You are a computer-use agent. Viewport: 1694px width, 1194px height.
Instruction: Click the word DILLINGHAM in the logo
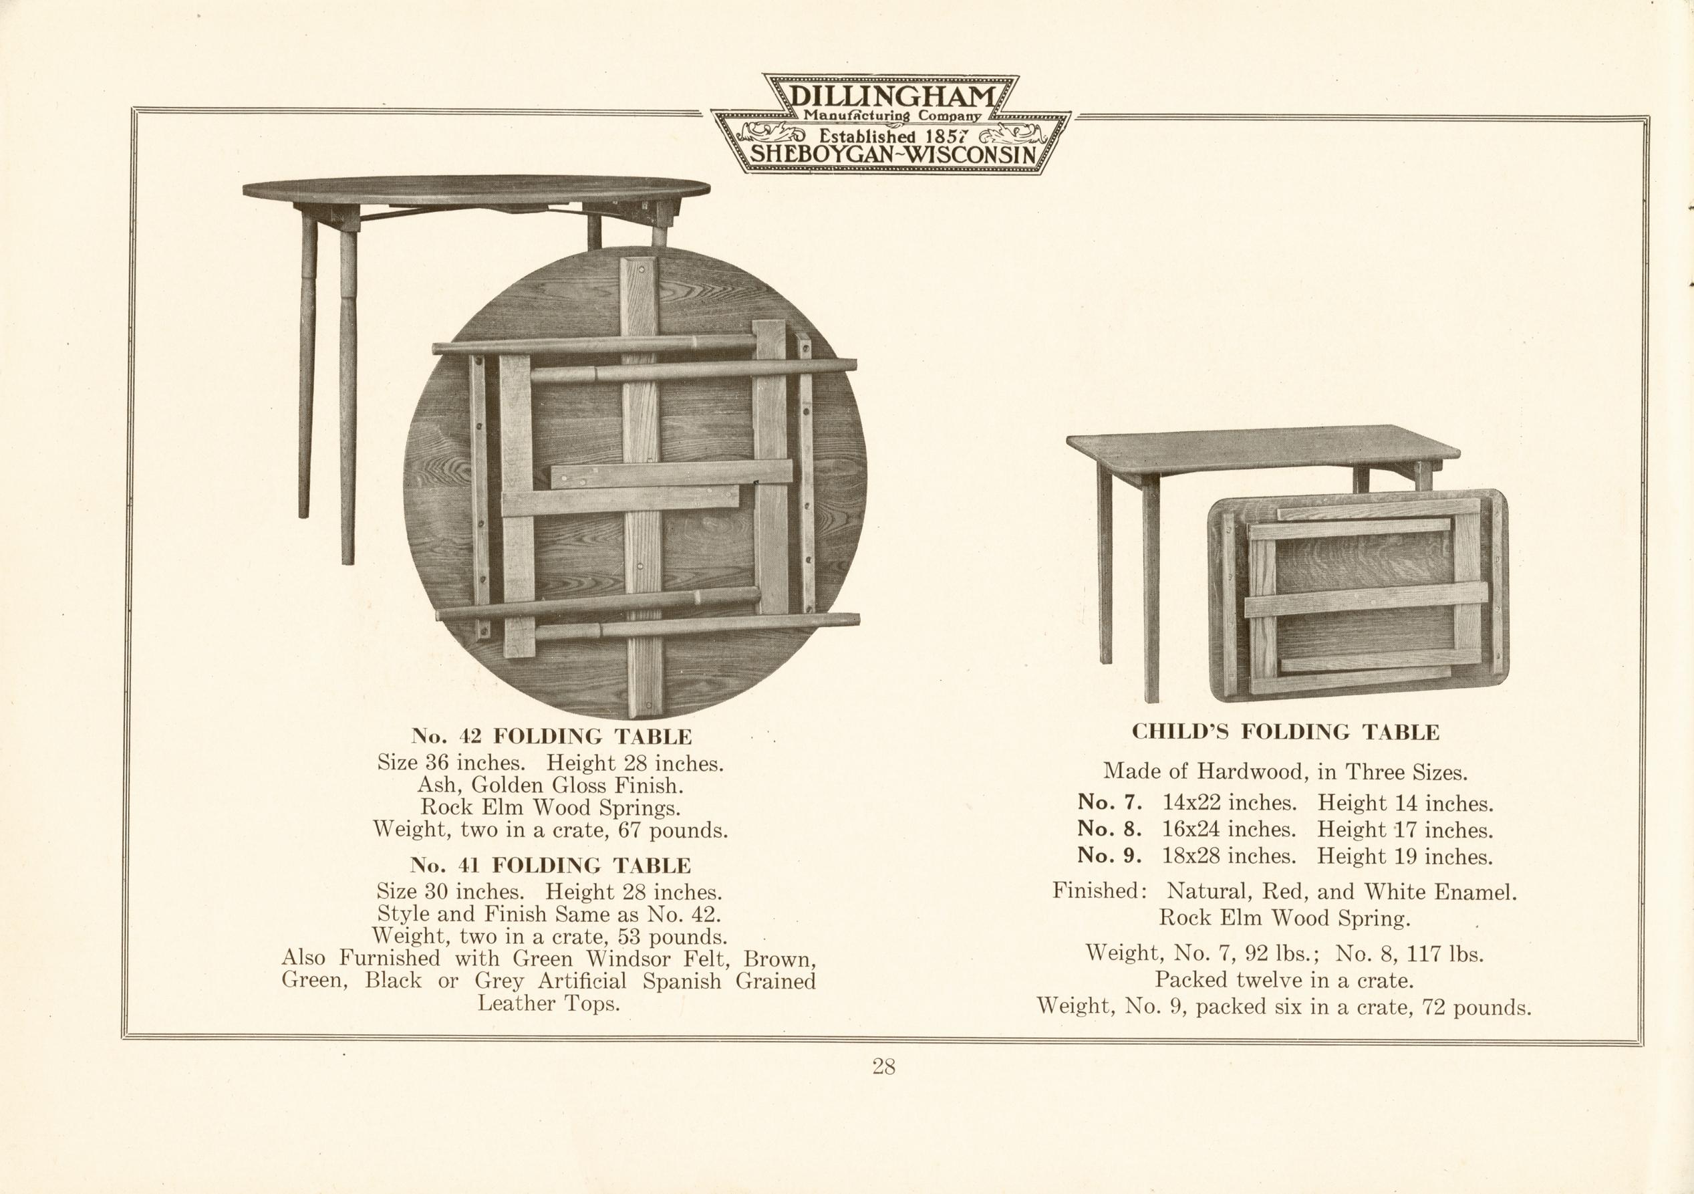[892, 96]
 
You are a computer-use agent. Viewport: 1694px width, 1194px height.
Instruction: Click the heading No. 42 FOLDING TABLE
[552, 736]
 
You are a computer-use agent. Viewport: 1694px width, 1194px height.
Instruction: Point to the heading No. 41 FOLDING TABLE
[551, 864]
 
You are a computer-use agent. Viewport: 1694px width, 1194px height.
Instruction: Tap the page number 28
[884, 1066]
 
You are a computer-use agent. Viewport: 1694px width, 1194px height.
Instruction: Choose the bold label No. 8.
[1111, 829]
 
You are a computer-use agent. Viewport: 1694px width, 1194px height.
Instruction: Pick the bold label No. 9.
[1111, 855]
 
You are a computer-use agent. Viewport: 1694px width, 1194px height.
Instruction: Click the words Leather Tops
[548, 1003]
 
